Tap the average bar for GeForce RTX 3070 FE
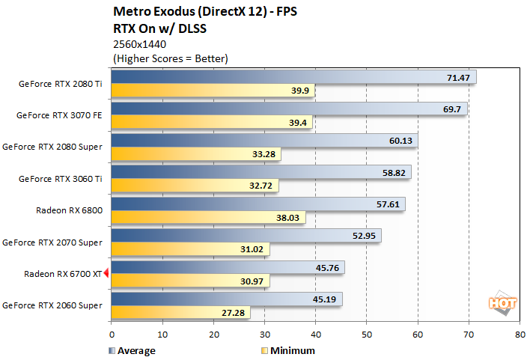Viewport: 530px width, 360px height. pos(289,109)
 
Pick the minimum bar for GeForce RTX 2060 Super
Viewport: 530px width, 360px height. pos(180,313)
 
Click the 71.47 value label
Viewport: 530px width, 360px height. pos(458,77)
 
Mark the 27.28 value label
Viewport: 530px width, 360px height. pos(235,313)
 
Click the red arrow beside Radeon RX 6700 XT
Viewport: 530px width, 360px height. pos(106,273)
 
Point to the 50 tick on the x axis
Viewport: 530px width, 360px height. pos(366,336)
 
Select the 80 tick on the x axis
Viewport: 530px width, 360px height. pos(520,336)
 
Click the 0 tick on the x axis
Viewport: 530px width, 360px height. pos(111,336)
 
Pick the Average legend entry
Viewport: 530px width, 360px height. pos(135,350)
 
